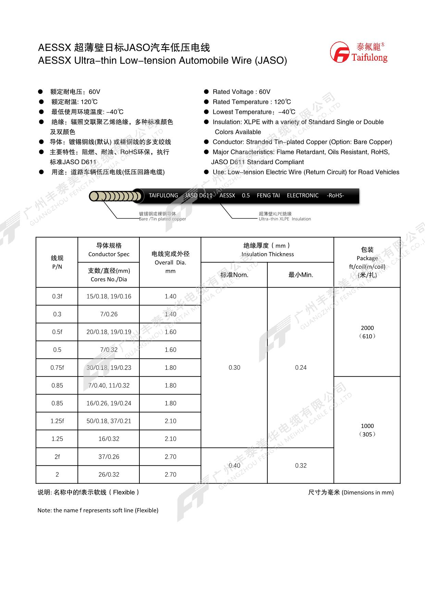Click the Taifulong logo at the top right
(x=359, y=52)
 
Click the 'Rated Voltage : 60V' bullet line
(x=241, y=92)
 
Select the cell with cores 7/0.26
(x=109, y=314)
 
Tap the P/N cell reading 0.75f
(x=57, y=368)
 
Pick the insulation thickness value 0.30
(x=234, y=368)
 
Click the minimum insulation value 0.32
(x=301, y=466)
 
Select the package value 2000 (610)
(x=367, y=332)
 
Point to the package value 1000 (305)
(x=367, y=430)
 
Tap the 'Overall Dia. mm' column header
(x=170, y=262)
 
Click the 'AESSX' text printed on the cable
(x=227, y=196)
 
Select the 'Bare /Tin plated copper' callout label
(x=162, y=219)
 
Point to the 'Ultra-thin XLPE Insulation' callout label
(x=285, y=219)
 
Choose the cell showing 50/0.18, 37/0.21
(x=109, y=421)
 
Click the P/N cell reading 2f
(x=57, y=457)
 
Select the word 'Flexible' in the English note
(x=147, y=511)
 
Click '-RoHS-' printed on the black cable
(x=335, y=196)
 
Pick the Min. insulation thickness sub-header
(x=300, y=275)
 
